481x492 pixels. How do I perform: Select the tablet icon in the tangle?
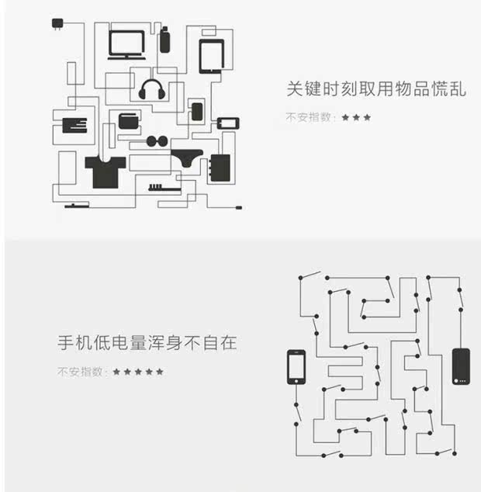point(212,57)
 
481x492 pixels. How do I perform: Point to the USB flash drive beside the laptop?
point(164,40)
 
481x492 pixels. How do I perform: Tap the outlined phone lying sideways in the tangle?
point(228,123)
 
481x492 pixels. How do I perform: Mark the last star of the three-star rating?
point(367,117)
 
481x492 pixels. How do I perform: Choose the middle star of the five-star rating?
point(138,372)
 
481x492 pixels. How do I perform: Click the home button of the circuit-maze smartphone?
point(296,381)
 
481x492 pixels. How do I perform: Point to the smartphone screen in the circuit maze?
point(296,366)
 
